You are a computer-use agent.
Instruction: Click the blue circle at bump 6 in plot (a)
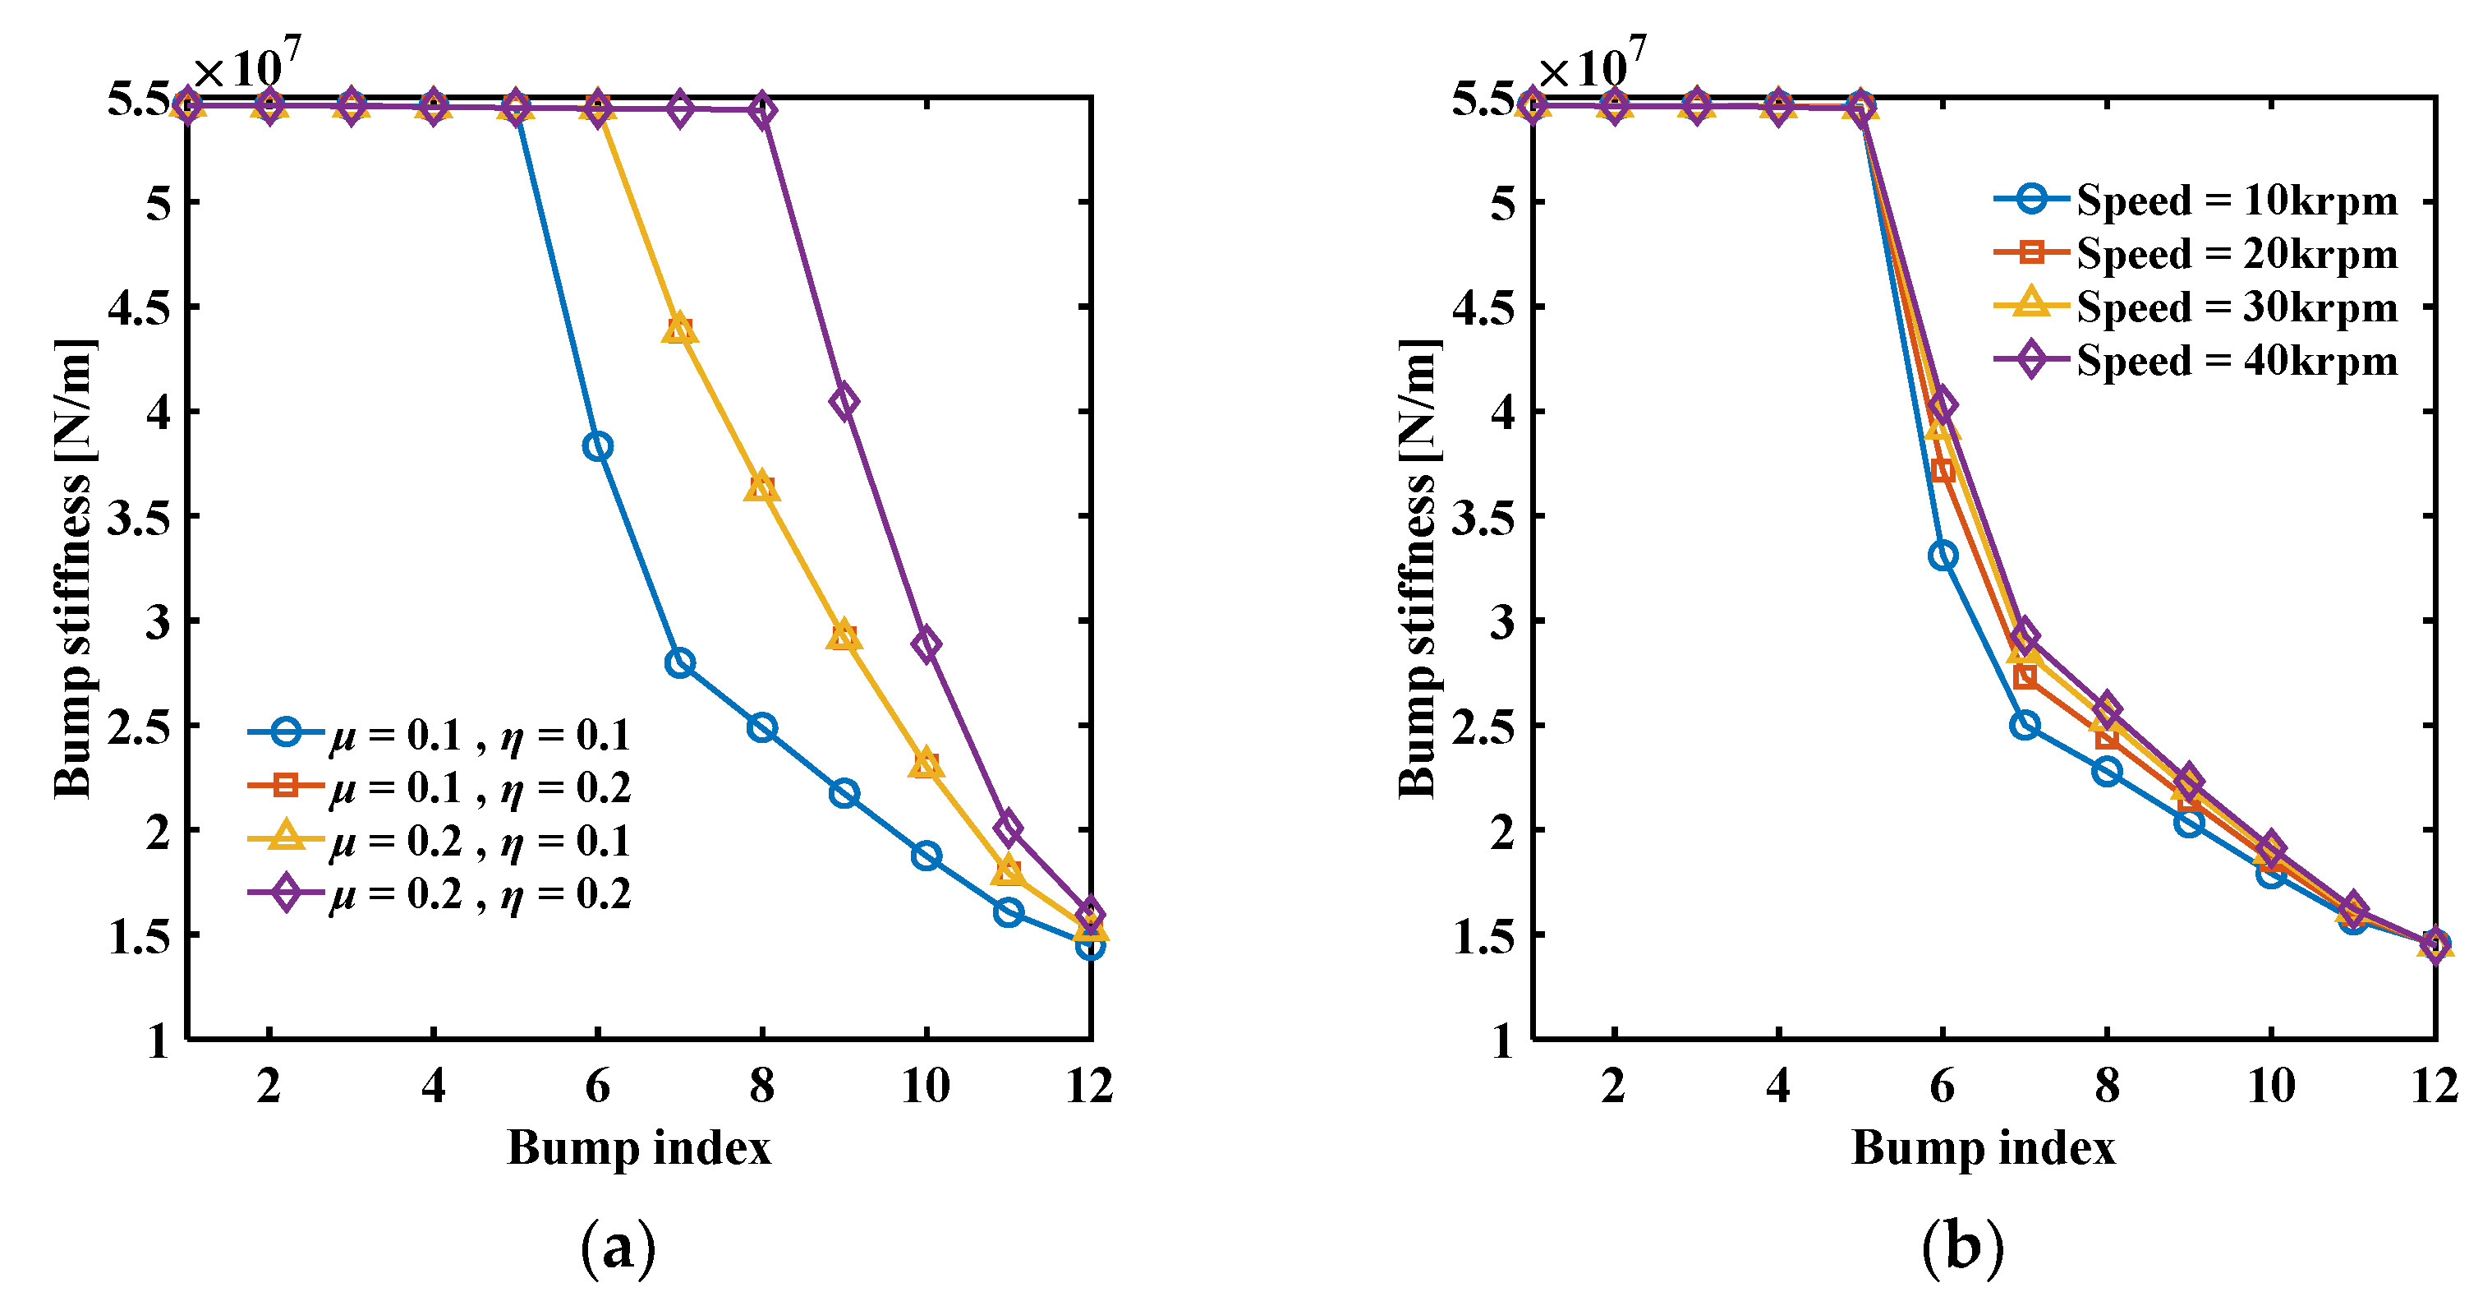(597, 446)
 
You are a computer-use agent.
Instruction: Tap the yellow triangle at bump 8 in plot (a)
(761, 487)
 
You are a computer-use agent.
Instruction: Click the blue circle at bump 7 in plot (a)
(679, 663)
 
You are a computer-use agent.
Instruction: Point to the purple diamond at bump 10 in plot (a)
(926, 644)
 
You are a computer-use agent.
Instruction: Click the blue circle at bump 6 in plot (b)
(1943, 556)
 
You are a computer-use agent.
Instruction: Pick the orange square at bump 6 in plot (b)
(1943, 470)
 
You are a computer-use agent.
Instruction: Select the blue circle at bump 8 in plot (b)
(2107, 771)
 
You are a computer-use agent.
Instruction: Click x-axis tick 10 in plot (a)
(926, 1085)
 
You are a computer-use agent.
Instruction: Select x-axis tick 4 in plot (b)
(1778, 1085)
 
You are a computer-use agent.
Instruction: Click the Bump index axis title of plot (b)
(1983, 1148)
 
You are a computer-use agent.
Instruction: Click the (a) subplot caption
(617, 1248)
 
